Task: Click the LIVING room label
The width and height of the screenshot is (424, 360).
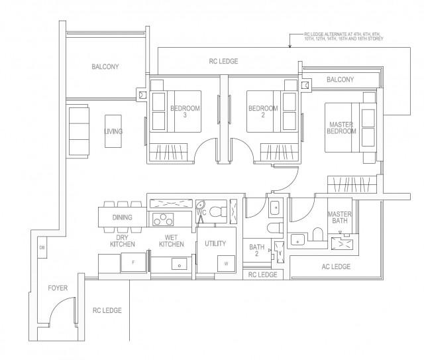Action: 113,131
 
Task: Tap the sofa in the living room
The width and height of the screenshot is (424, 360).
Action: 78,131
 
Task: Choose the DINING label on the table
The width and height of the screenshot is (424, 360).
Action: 122,217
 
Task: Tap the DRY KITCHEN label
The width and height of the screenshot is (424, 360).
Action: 123,241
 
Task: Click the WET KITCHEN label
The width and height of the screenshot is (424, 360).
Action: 172,241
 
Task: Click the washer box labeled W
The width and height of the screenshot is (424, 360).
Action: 227,263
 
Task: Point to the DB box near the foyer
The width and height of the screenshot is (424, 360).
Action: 42,249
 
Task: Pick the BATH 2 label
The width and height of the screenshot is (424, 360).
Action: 257,251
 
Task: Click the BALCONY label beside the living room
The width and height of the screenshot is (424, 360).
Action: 105,66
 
